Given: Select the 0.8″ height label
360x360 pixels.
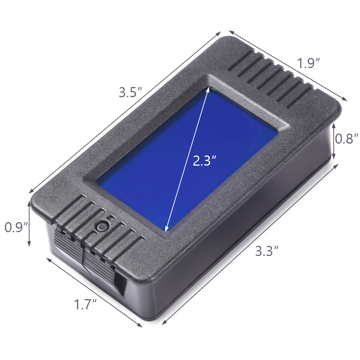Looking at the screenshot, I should click(347, 139).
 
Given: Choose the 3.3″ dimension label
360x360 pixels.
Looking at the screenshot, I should click(267, 251).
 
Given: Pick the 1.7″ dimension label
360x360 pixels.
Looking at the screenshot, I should click(86, 305).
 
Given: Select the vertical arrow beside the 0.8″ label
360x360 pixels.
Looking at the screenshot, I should click(334, 141).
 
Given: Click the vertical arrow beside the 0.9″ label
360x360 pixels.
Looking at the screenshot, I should click(29, 224).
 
